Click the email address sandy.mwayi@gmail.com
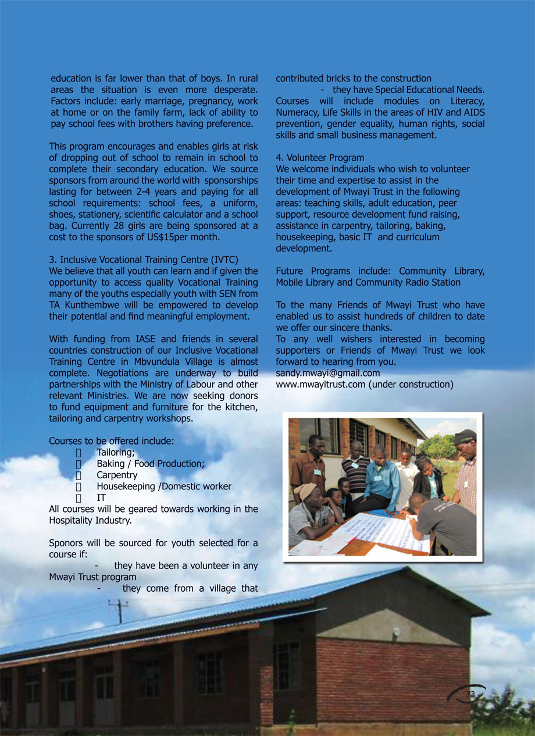[327, 373]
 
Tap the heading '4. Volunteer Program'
[320, 158]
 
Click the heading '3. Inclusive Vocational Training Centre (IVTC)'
[144, 259]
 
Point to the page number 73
[470, 695]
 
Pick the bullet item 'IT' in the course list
[101, 497]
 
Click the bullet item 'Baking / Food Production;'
[151, 464]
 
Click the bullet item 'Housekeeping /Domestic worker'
[164, 486]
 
